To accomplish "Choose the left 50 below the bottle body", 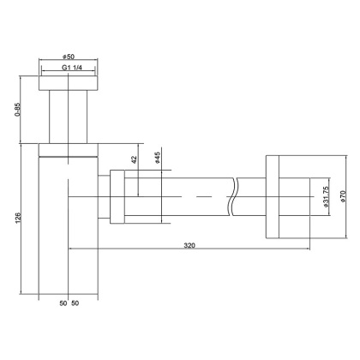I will pyautogui.click(x=63, y=304).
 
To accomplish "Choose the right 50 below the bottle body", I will pyautogui.click(x=77, y=304).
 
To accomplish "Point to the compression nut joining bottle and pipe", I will pyautogui.click(x=117, y=198).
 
